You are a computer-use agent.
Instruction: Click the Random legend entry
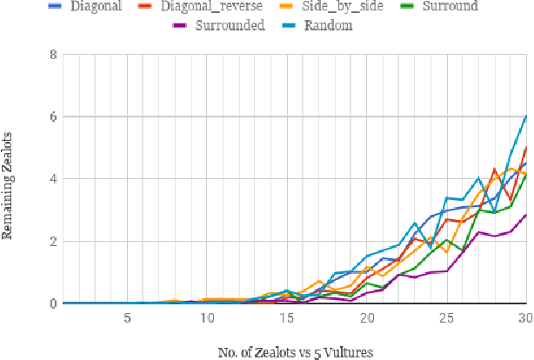[x=330, y=26]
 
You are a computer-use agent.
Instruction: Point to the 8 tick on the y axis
[x=56, y=54]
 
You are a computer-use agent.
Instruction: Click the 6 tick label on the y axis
[x=56, y=117]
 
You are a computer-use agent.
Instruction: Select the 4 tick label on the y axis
[x=56, y=179]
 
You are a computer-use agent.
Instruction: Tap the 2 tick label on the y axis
[x=56, y=242]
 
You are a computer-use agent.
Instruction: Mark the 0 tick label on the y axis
[x=56, y=303]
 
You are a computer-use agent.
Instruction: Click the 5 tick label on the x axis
[x=127, y=318]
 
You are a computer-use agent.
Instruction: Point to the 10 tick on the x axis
[x=207, y=318]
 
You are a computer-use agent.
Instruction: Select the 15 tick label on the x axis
[x=287, y=318]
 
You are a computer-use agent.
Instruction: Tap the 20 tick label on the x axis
[x=367, y=318]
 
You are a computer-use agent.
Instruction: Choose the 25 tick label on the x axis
[x=447, y=318]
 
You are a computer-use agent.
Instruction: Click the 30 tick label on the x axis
[x=524, y=318]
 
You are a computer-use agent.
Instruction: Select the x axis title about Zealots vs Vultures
[x=297, y=352]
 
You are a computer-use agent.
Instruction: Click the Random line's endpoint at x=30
[x=526, y=116]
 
